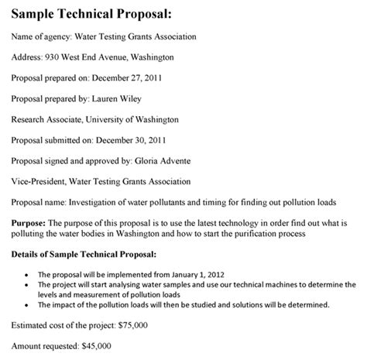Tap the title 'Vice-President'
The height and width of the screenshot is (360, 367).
coord(38,183)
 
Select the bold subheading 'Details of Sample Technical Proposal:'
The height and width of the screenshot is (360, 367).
coord(84,254)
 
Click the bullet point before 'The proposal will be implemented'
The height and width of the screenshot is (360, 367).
coord(29,274)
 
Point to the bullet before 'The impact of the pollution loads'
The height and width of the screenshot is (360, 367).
coord(29,303)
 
